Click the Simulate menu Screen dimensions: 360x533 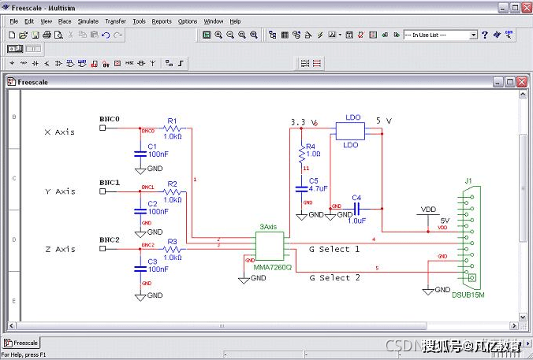tap(88, 21)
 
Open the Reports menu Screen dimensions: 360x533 tap(162, 21)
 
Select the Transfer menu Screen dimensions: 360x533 tap(115, 21)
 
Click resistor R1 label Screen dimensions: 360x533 tap(172, 121)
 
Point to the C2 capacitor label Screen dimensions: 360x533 tap(153, 204)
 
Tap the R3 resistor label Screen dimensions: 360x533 tap(172, 242)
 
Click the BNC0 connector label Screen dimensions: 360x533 tap(110, 120)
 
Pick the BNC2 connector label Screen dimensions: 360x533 tap(110, 239)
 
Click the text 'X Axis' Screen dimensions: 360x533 tap(59, 132)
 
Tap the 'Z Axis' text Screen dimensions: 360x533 tap(59, 250)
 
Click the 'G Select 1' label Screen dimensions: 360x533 tap(334, 250)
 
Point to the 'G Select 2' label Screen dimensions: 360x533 tap(334, 278)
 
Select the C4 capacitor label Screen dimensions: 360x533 tap(356, 198)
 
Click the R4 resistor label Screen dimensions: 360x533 tap(311, 147)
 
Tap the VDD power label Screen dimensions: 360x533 tap(429, 210)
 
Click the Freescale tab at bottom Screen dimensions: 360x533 tap(21, 343)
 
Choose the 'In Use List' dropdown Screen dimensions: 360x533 tap(440, 35)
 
